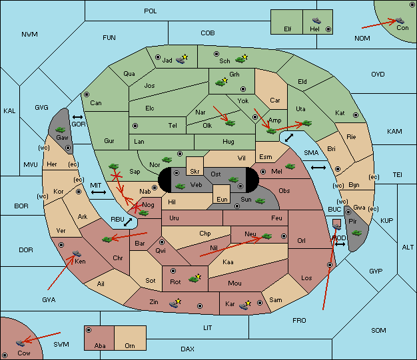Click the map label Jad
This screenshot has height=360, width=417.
(x=167, y=61)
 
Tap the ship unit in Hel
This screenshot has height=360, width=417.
(x=316, y=20)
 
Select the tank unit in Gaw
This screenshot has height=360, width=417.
(x=61, y=129)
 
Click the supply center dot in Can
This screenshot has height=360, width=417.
(x=87, y=94)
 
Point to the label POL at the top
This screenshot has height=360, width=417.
(x=151, y=11)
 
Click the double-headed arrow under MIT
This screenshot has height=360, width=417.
(x=99, y=192)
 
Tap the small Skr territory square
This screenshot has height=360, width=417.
(x=195, y=166)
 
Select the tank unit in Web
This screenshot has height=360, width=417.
(x=181, y=186)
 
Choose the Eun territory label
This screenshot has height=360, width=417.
(x=222, y=200)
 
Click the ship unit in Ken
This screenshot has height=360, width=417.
(x=77, y=253)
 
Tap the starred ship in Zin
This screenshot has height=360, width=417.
(x=175, y=303)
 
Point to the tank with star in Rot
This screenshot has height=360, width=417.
(x=195, y=278)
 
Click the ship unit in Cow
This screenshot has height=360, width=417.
(x=20, y=343)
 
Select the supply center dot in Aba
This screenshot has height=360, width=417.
(x=89, y=330)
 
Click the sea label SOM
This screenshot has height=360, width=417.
(x=378, y=331)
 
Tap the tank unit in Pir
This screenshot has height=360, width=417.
(x=356, y=233)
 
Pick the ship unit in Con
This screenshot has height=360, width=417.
(x=400, y=20)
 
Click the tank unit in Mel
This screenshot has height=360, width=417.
(x=290, y=166)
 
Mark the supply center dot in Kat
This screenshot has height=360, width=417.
(x=356, y=115)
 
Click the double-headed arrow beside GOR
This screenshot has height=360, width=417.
(x=77, y=117)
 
